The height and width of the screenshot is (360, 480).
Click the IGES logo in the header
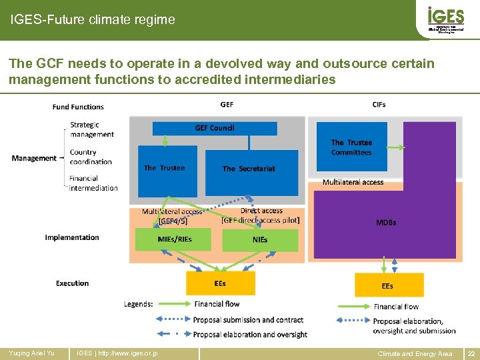[445, 19]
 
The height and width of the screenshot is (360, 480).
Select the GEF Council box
[214, 128]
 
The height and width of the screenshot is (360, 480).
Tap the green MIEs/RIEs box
[173, 239]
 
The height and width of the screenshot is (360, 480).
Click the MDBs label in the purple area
[385, 223]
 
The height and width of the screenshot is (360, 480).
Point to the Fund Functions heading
[78, 107]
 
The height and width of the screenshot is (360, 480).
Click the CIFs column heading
[379, 105]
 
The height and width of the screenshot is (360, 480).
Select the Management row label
[34, 158]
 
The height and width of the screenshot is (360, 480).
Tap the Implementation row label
[72, 237]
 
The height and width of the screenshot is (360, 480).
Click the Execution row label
[72, 283]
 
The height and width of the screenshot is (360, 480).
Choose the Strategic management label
[92, 129]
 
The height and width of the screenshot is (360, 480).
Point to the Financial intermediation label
[93, 183]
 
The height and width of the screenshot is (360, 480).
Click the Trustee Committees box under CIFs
[351, 147]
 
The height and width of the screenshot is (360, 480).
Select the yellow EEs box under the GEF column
[219, 283]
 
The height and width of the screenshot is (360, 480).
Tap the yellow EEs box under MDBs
[388, 285]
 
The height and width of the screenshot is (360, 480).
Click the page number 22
[471, 353]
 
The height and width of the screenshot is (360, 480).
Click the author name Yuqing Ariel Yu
[31, 353]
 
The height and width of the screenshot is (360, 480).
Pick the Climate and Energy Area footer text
[415, 353]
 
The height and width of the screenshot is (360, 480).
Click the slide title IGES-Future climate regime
[93, 20]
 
